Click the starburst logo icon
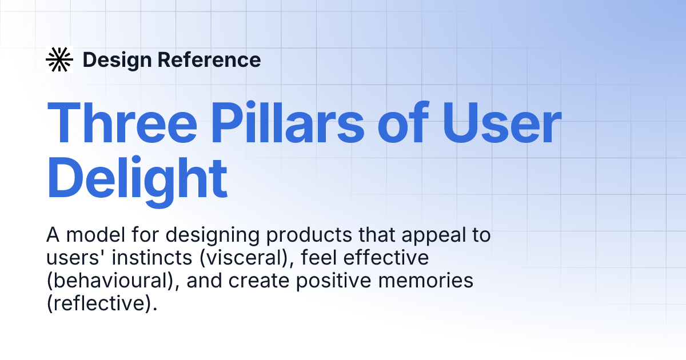click(x=59, y=59)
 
